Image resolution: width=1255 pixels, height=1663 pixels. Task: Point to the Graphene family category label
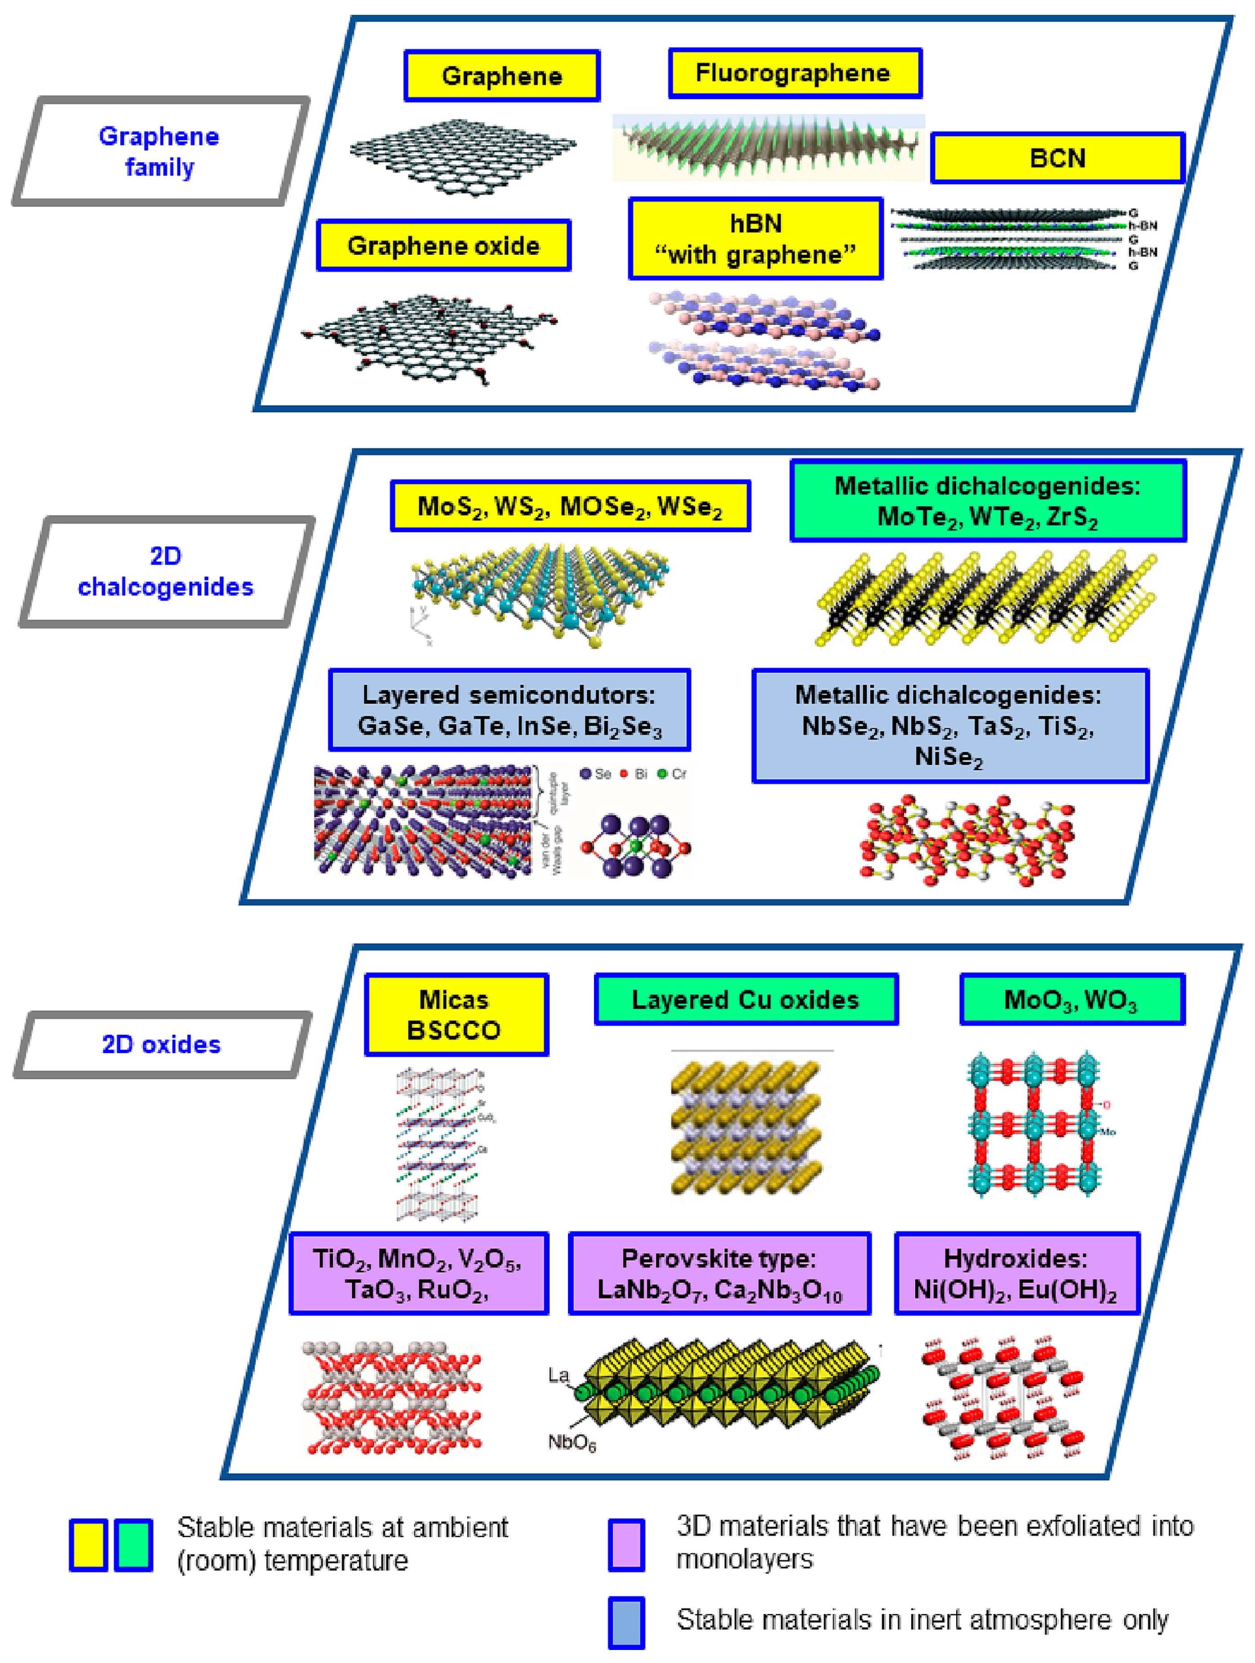tap(160, 151)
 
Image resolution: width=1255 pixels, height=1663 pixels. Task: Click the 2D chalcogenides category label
tap(165, 572)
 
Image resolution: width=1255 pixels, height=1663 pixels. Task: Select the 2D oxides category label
tap(162, 1044)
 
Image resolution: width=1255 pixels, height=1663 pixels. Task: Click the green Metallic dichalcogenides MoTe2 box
tap(987, 501)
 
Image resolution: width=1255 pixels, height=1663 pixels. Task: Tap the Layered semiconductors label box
tap(509, 710)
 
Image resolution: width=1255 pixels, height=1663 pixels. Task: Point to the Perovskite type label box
tap(719, 1273)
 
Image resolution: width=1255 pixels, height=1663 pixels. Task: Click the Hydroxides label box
tap(1016, 1273)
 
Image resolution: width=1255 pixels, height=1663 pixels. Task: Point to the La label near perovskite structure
tap(558, 1375)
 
